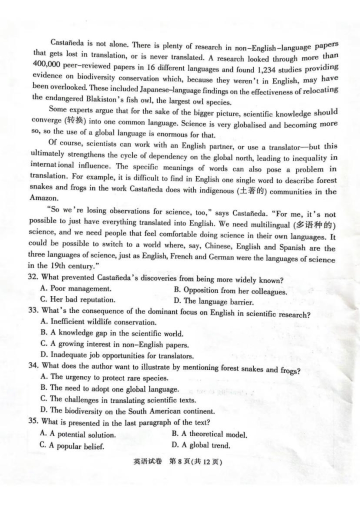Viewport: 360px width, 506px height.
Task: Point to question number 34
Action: (34, 367)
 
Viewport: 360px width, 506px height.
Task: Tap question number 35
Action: (34, 422)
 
